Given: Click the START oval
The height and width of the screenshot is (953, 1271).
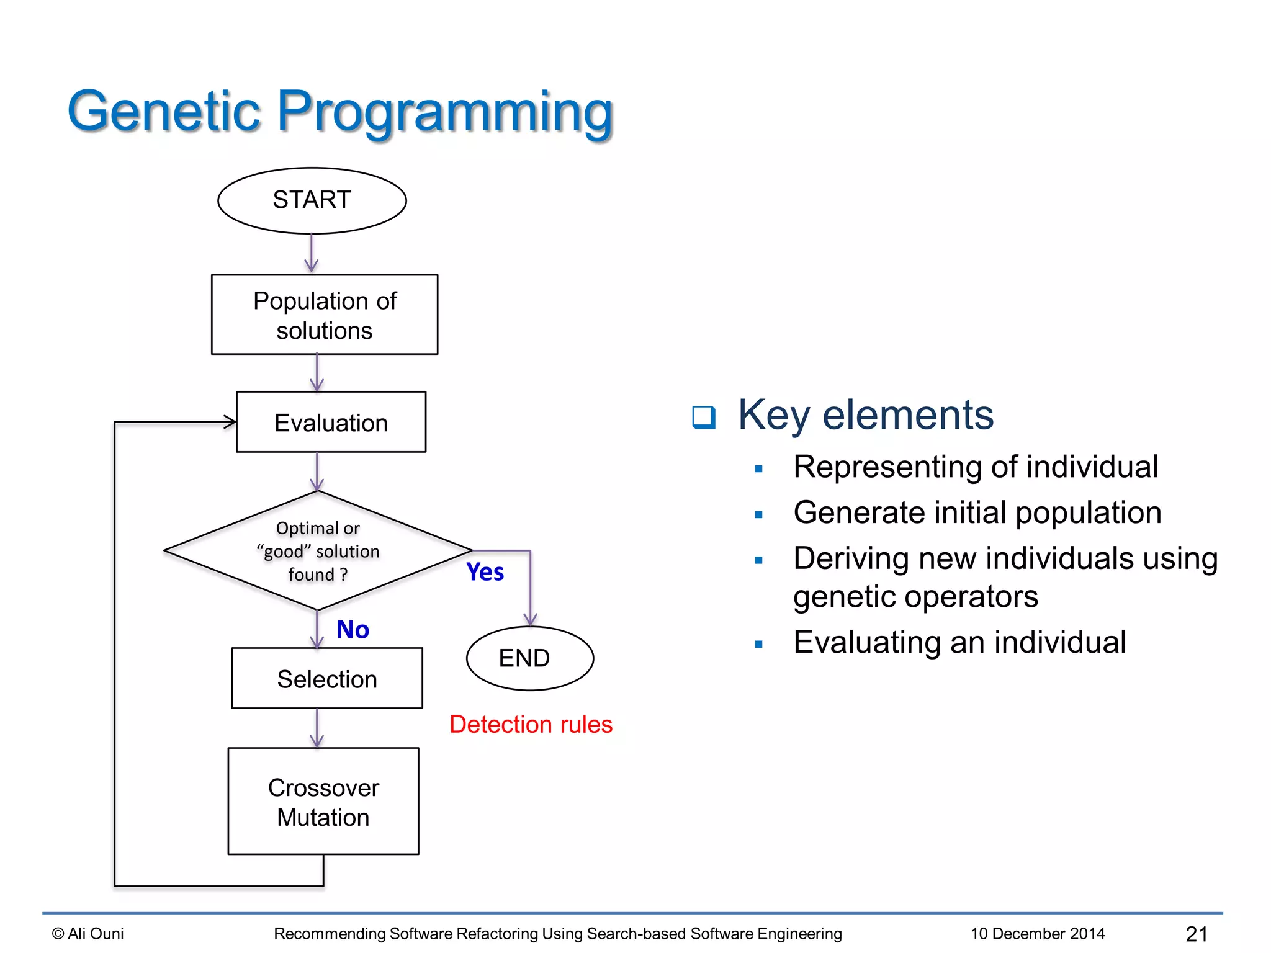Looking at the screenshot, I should [x=312, y=200].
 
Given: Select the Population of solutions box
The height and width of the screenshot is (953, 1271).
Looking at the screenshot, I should [x=324, y=315].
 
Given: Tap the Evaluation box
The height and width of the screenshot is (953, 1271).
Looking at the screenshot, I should [x=331, y=422].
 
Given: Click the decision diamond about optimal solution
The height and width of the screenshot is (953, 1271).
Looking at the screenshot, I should [x=317, y=551].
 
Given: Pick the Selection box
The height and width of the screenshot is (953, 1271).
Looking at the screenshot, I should [x=326, y=678].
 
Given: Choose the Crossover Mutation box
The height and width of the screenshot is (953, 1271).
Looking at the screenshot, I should [x=323, y=801].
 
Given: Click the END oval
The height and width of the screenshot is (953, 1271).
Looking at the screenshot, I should [x=529, y=658].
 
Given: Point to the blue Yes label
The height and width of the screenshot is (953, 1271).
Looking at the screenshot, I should [x=485, y=572].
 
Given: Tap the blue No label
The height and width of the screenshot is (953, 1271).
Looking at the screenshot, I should [x=353, y=630].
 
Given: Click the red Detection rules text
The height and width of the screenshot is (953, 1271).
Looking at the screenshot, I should [x=531, y=724].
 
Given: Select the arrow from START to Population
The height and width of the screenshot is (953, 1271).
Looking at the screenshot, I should [x=312, y=254].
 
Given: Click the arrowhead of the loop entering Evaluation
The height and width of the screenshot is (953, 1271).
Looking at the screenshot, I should [x=230, y=422].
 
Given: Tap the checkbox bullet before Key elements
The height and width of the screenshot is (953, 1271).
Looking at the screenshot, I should [x=703, y=417].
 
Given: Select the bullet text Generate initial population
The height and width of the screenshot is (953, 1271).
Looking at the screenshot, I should [x=977, y=512].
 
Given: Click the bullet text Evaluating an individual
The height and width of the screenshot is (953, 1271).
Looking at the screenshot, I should [x=959, y=642].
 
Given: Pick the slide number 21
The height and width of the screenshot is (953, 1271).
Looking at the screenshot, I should [x=1196, y=934].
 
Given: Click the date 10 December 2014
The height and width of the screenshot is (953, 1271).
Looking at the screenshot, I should [x=1037, y=934].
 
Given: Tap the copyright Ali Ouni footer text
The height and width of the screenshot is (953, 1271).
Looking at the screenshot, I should [x=88, y=934].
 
